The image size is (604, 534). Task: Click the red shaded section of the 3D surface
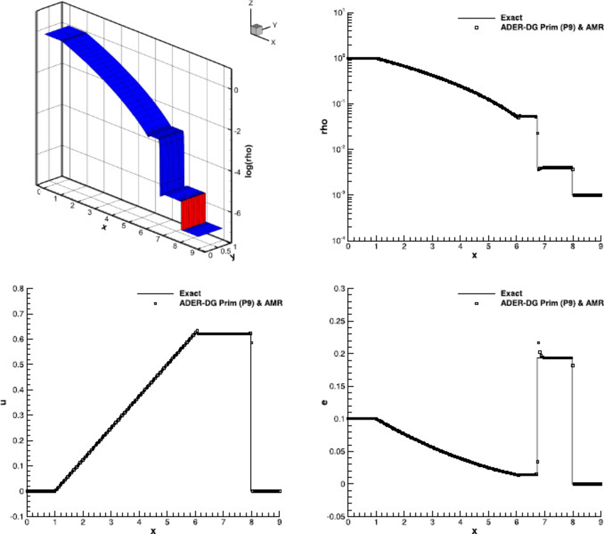(193, 212)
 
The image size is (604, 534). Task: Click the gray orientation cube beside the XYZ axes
(256, 29)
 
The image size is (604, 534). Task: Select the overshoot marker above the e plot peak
(538, 343)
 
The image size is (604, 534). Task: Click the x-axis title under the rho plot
(475, 256)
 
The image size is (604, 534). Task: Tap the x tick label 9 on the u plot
(280, 523)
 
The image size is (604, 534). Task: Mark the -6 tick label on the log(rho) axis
(237, 213)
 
